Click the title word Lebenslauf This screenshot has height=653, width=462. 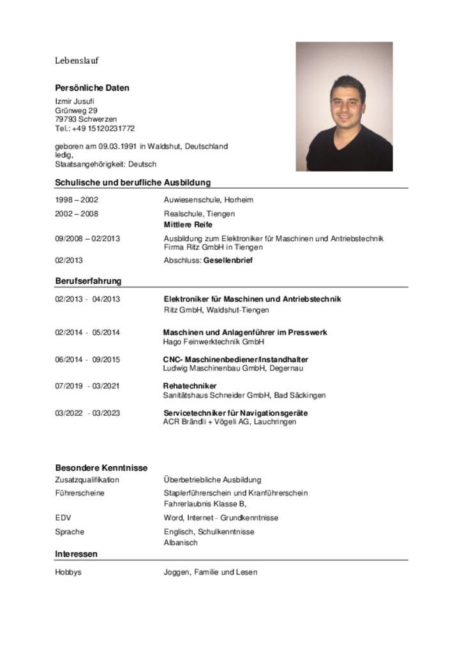[77, 61]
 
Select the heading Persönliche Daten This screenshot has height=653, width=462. [92, 88]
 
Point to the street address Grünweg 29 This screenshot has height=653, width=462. [76, 110]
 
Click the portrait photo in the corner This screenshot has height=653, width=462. [344, 106]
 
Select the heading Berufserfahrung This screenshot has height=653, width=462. [88, 281]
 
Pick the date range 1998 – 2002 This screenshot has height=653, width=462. [77, 200]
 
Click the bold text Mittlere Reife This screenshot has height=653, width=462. [188, 225]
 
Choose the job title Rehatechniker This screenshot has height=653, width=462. [190, 386]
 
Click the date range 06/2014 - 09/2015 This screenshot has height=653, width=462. [87, 359]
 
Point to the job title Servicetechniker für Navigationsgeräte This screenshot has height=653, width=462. [235, 413]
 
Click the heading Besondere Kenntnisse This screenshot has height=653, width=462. [101, 467]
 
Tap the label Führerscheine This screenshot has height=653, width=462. [79, 493]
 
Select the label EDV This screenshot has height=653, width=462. [63, 518]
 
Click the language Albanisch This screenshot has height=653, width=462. [181, 543]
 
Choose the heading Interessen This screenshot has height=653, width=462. [76, 554]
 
